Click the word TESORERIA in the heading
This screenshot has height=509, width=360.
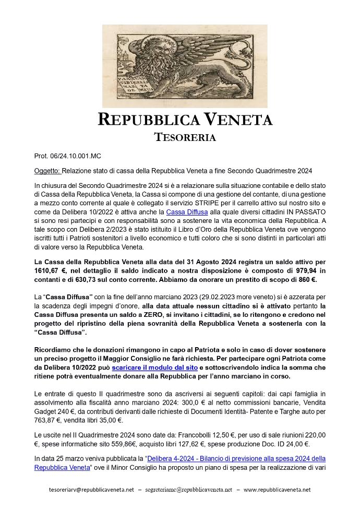click(x=185, y=137)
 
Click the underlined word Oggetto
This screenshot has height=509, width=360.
click(x=47, y=171)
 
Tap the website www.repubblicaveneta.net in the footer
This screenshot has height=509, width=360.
click(x=277, y=490)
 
